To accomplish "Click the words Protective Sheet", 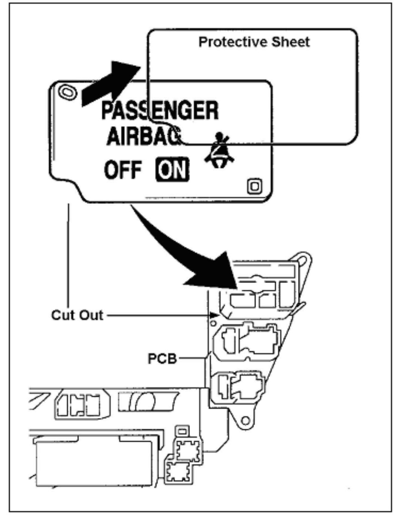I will tap(254, 42).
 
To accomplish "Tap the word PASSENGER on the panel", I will tap(160, 111).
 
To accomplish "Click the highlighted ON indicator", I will tap(172, 170).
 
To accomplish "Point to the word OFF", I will tap(123, 170).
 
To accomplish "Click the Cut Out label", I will tap(77, 315).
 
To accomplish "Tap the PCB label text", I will tap(162, 358).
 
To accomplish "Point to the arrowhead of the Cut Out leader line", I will tap(216, 316).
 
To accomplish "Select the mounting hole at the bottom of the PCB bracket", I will tap(245, 420).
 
